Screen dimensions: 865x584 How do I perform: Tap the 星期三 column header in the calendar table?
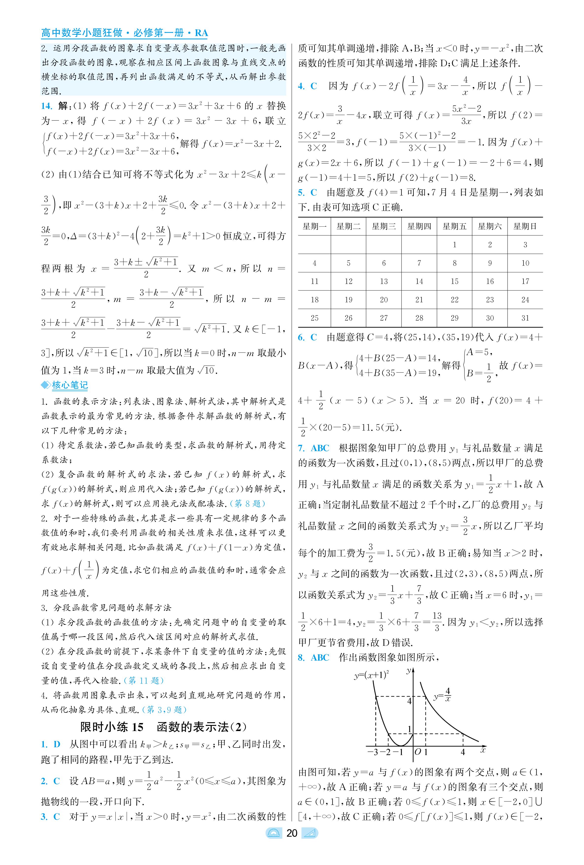(x=384, y=226)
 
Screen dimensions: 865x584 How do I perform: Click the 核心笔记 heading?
(x=70, y=385)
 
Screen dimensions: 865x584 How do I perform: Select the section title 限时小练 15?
(x=112, y=727)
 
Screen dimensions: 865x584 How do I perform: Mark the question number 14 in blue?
(x=47, y=106)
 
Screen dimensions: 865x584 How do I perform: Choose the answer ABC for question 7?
(x=320, y=448)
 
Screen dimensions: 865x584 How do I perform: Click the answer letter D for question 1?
(x=57, y=744)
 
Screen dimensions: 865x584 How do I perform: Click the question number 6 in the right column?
(x=301, y=337)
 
